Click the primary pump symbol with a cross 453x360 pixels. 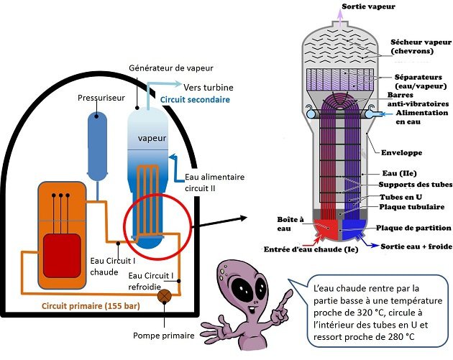pos(164,296)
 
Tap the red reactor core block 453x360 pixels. pos(62,256)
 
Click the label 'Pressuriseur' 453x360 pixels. pos(101,98)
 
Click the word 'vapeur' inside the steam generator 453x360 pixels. pos(152,138)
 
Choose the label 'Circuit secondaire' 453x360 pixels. pos(196,100)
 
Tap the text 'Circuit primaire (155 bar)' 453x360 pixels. pos(91,306)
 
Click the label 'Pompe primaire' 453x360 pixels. pos(163,336)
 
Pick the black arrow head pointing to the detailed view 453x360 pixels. pos(244,218)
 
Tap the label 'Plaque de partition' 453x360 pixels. pos(413,228)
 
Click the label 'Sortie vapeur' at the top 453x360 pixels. pos(368,6)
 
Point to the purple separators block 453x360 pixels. pos(339,79)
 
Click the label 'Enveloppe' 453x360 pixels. pos(401,153)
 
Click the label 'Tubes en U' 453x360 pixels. pos(401,197)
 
